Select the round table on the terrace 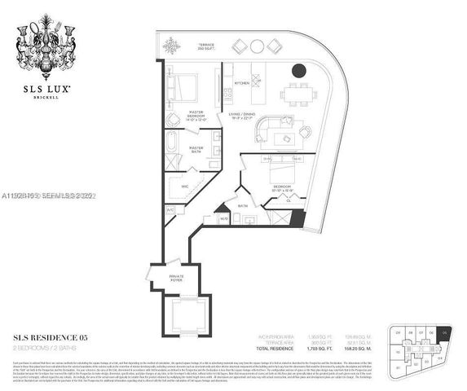tap(258, 46)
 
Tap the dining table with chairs tap(298, 93)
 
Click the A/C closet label tap(170, 209)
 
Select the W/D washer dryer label tap(226, 217)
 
